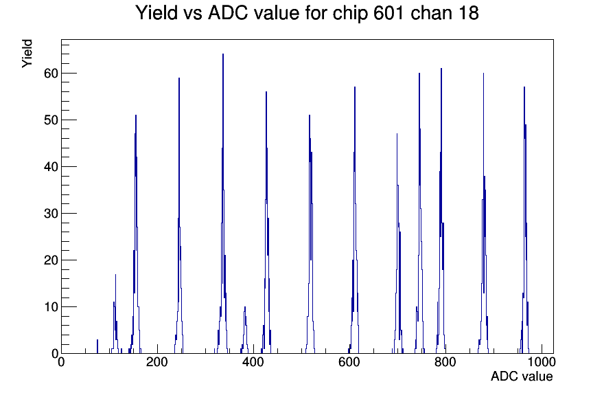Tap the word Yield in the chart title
tap(156, 13)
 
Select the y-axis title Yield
tap(27, 54)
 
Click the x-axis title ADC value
tap(522, 376)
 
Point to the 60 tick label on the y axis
tap(51, 74)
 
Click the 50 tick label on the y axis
tap(51, 120)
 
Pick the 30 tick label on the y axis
tap(51, 214)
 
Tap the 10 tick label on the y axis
tap(51, 307)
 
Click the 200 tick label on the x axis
tap(157, 361)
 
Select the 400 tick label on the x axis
tap(253, 361)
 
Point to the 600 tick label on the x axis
tap(349, 361)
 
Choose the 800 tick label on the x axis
tap(445, 361)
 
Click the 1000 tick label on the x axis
tap(541, 361)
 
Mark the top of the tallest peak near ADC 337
tap(223, 54)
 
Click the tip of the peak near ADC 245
tap(179, 78)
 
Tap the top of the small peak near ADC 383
tap(245, 307)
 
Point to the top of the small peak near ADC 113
tap(115, 274)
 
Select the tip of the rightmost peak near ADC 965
tap(524, 87)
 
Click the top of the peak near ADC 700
tap(397, 134)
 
